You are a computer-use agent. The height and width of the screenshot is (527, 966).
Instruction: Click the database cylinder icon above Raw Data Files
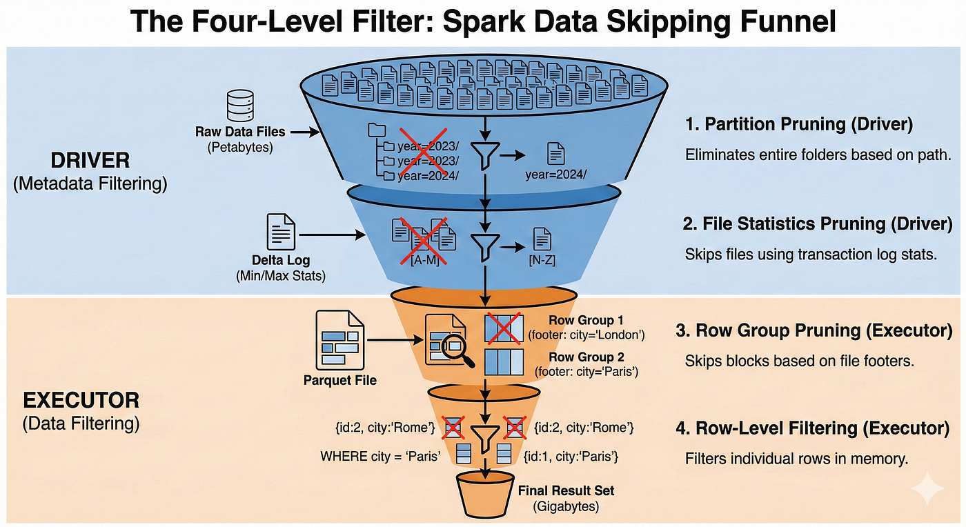pyautogui.click(x=240, y=106)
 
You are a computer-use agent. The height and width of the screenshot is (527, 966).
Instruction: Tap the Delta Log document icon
pyautogui.click(x=282, y=232)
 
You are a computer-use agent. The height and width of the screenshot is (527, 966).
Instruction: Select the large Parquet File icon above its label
pyautogui.click(x=340, y=340)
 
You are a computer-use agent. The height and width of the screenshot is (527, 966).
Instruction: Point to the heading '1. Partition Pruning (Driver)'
pyautogui.click(x=799, y=124)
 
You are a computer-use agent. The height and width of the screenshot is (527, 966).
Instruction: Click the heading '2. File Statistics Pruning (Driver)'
pyautogui.click(x=818, y=223)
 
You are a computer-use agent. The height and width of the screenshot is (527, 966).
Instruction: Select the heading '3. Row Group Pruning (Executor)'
pyautogui.click(x=814, y=330)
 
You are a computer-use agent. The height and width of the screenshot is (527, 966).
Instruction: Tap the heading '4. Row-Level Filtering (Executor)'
pyautogui.click(x=813, y=428)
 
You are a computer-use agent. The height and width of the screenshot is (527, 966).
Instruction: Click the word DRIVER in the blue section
pyautogui.click(x=90, y=161)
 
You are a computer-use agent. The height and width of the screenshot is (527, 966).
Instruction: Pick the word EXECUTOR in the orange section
pyautogui.click(x=81, y=400)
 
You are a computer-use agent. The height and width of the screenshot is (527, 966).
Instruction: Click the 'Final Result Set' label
pyautogui.click(x=566, y=490)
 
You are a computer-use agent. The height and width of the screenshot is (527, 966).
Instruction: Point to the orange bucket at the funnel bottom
pyautogui.click(x=485, y=494)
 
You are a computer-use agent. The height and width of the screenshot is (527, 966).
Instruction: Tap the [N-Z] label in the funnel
pyautogui.click(x=542, y=260)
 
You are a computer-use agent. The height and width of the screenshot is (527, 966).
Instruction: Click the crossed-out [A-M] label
pyautogui.click(x=425, y=260)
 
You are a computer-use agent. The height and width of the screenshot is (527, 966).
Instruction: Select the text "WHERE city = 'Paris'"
pyautogui.click(x=380, y=456)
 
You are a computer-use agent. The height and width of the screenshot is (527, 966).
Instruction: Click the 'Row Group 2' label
pyautogui.click(x=586, y=357)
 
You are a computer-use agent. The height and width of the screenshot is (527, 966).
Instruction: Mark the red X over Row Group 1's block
pyautogui.click(x=504, y=328)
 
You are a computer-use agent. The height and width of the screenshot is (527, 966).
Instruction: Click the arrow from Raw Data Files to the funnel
pyautogui.click(x=305, y=132)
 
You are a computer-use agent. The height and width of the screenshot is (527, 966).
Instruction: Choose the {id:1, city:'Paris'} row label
pyautogui.click(x=571, y=456)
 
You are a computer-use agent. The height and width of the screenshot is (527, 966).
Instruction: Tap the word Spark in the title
pyautogui.click(x=484, y=21)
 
